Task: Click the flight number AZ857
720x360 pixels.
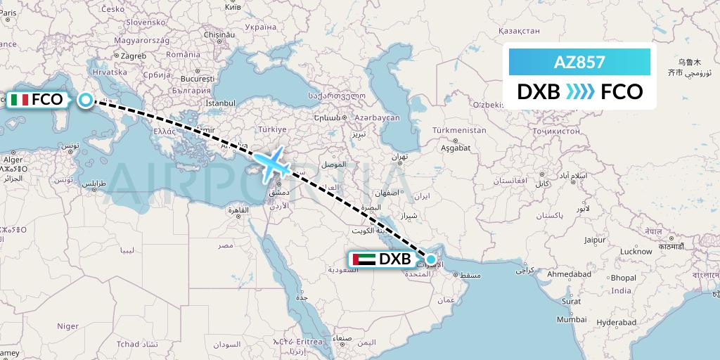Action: [x=579, y=62]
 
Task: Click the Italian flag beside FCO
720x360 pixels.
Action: [x=20, y=100]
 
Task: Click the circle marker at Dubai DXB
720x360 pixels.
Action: [x=431, y=259]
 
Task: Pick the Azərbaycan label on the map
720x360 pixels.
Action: [x=377, y=117]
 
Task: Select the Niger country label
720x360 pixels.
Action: [x=67, y=326]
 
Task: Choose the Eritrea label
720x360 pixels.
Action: [x=310, y=342]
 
